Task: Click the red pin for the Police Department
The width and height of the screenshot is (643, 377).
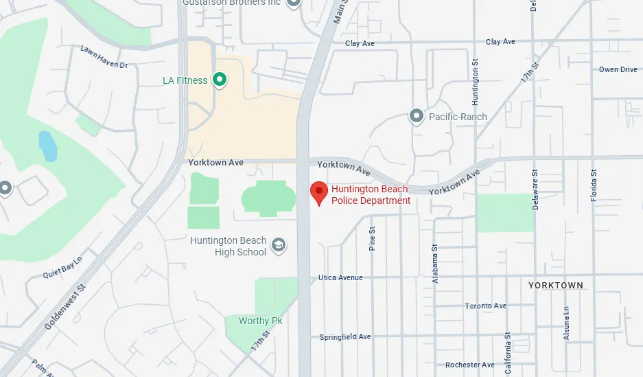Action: tap(318, 192)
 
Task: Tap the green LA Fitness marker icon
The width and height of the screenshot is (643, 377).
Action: tap(219, 80)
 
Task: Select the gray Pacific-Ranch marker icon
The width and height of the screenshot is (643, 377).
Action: tap(416, 116)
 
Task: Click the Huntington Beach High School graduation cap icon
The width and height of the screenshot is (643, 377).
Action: tap(279, 246)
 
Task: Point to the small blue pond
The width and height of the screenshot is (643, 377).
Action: tap(47, 145)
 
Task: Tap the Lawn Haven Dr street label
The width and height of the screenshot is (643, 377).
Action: tap(104, 57)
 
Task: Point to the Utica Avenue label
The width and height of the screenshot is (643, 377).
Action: tap(340, 278)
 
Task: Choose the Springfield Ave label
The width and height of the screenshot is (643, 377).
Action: tap(344, 337)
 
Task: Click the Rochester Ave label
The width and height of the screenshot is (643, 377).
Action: tap(469, 365)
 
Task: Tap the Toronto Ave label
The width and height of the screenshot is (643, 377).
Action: tap(485, 306)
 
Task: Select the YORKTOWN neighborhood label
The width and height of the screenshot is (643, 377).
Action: tap(555, 285)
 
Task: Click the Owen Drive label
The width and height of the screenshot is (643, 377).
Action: tap(618, 69)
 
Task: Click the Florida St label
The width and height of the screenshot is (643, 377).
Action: tap(594, 185)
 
